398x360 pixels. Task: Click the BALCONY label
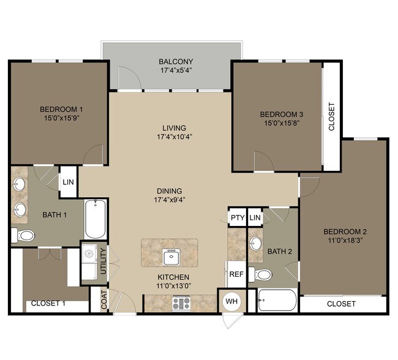point(176,62)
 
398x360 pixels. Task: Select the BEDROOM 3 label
point(282,114)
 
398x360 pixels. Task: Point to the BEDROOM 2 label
point(345,231)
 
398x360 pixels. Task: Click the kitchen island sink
point(170,255)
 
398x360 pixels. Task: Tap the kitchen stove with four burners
point(181,303)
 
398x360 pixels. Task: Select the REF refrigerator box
point(236,274)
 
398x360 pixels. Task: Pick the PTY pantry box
point(236,217)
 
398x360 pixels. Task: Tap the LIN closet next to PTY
point(255,217)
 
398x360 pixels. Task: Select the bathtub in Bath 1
point(96,219)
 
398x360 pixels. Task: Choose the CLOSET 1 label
point(48,304)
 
